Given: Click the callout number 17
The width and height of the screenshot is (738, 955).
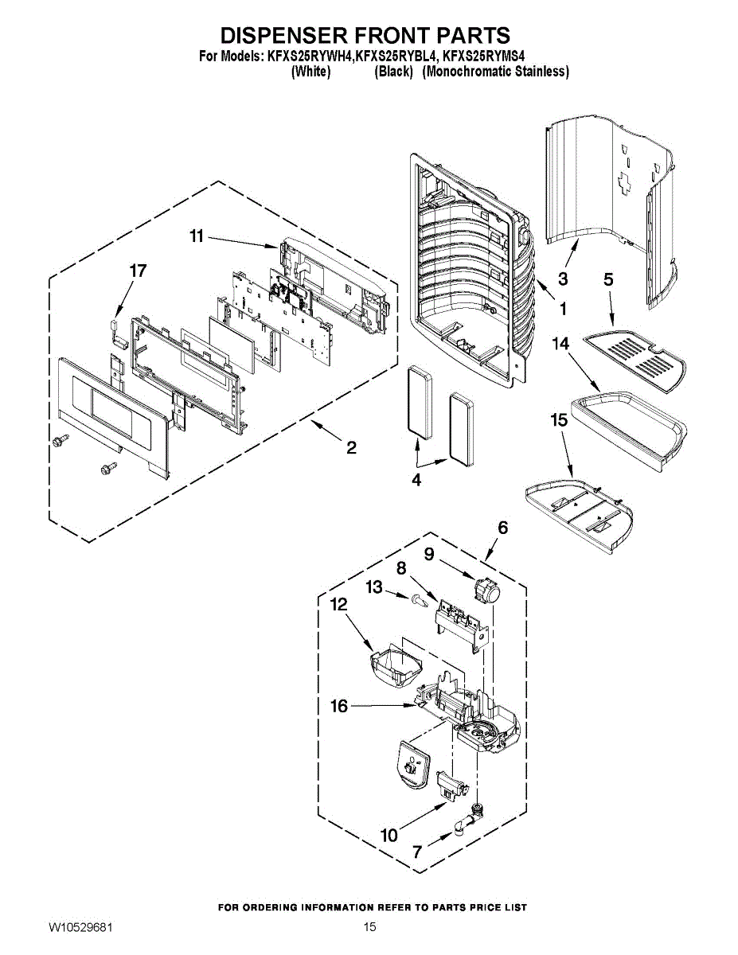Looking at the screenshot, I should tap(138, 271).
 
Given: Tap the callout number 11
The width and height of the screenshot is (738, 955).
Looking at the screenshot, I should tap(197, 236).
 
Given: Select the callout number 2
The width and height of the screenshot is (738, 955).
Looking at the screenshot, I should tap(351, 448).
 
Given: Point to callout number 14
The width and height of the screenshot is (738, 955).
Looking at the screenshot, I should tap(560, 343).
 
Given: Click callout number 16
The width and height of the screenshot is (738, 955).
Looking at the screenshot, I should tap(339, 706).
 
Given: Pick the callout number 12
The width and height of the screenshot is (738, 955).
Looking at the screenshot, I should tap(339, 605).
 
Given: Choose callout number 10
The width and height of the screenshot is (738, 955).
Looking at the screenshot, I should tap(389, 835).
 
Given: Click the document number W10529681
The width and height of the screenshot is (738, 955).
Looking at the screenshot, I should tap(80, 927).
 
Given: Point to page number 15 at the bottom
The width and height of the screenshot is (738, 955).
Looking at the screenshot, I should tap(369, 927).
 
